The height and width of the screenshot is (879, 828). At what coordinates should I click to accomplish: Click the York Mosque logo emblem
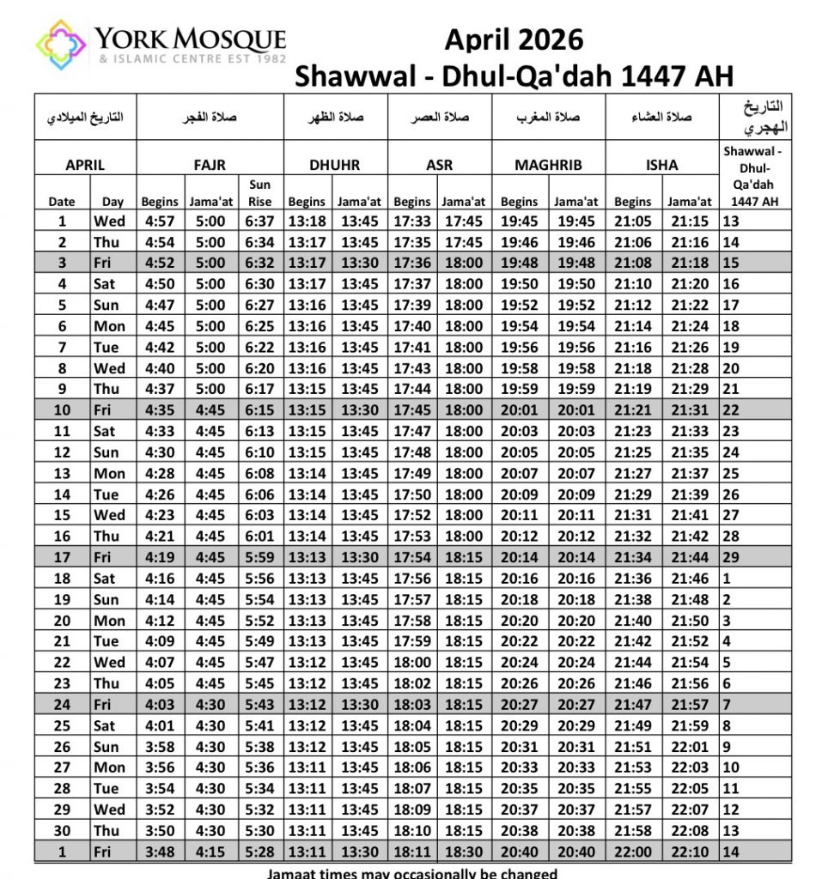click(61, 45)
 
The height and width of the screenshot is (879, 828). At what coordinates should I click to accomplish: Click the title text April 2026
click(514, 39)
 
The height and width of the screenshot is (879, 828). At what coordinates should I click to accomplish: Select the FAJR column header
click(210, 165)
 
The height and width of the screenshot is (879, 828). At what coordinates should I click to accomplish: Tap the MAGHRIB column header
click(548, 165)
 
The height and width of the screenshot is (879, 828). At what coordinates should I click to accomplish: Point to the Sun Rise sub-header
click(259, 193)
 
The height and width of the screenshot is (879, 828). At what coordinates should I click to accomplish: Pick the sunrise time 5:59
click(259, 558)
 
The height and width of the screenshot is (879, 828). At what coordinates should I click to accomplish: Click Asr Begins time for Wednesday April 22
click(412, 663)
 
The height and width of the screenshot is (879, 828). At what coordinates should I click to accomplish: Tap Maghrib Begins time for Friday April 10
click(518, 410)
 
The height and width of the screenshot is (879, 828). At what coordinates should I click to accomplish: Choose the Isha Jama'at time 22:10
click(690, 852)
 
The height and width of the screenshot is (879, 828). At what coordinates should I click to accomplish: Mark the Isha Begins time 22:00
click(633, 852)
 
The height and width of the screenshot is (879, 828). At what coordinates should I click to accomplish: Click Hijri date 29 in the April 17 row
click(732, 558)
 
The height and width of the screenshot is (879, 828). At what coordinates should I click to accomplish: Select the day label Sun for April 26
click(106, 747)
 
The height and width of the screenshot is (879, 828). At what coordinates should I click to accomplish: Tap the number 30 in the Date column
click(62, 831)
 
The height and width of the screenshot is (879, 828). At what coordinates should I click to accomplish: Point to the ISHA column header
click(661, 165)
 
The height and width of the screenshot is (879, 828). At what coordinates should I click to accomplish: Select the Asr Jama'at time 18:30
click(463, 852)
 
